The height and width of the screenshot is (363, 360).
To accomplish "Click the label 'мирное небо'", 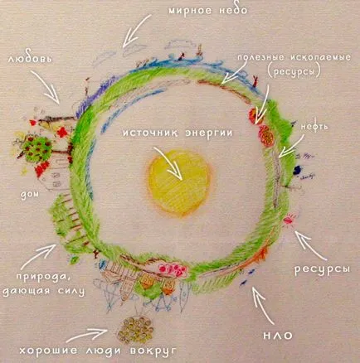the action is pyautogui.click(x=208, y=11).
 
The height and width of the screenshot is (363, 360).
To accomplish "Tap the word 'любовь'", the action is pyautogui.click(x=31, y=59).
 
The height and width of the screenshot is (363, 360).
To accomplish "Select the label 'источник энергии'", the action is pyautogui.click(x=178, y=133).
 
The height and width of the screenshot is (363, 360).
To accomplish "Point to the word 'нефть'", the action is pyautogui.click(x=314, y=126).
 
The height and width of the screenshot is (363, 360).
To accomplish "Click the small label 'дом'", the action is pyautogui.click(x=30, y=194).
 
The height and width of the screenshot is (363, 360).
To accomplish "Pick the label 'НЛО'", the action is pyautogui.click(x=278, y=336).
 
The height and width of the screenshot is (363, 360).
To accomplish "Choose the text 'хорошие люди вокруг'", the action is pyautogui.click(x=98, y=351).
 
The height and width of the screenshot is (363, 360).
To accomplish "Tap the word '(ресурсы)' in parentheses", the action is pyautogui.click(x=294, y=71).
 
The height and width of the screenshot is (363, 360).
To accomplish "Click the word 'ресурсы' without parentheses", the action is pyautogui.click(x=322, y=269).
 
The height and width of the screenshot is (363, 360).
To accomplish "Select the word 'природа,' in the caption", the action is pyautogui.click(x=43, y=277).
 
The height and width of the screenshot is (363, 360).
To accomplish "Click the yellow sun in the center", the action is pyautogui.click(x=180, y=182).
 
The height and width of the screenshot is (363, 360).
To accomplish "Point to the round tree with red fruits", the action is pyautogui.click(x=39, y=148).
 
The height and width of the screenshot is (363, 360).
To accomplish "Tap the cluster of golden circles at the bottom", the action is pyautogui.click(x=134, y=330).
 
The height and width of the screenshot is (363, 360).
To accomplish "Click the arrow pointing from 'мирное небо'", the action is pyautogui.click(x=136, y=31).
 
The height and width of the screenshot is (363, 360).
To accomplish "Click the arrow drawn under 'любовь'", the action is pyautogui.click(x=46, y=86).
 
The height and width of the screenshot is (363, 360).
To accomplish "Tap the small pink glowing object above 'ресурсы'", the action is pyautogui.click(x=288, y=220).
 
